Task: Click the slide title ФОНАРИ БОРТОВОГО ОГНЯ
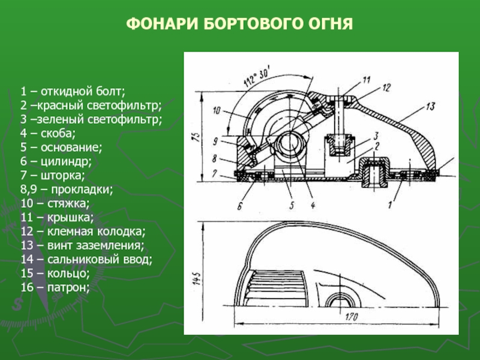pos(239,25)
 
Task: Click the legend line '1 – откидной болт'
pos(72,92)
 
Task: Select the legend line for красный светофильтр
pos(90,106)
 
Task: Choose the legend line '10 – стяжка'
pos(55,203)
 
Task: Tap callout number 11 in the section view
pos(367,79)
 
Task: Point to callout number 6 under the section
pos(239,208)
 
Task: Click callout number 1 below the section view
pos(389,206)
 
